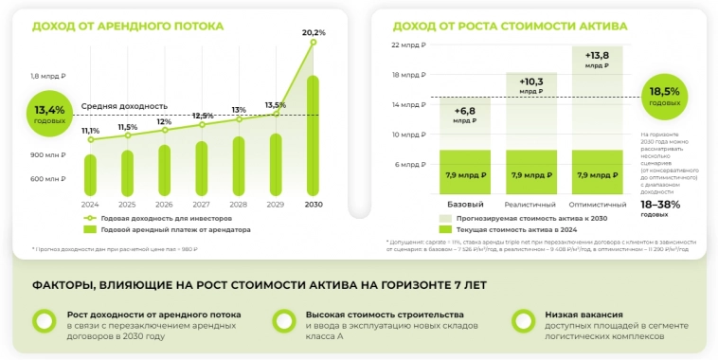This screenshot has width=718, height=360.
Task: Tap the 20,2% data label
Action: coord(314,32)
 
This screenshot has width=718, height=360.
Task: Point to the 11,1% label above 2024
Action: coord(90,131)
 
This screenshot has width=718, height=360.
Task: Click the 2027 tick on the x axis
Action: coord(201,204)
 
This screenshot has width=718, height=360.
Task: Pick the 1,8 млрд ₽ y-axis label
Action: coord(47,76)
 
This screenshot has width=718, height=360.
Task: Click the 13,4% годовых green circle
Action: coord(49,114)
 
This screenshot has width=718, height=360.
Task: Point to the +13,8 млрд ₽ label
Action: coord(597,60)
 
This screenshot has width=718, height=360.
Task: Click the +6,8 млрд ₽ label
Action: coord(464,115)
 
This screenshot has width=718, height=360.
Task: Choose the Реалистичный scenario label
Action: coord(530,204)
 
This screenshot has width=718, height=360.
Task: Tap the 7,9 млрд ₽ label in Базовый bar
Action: coord(464,174)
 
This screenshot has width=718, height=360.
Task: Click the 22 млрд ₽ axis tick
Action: coord(409,45)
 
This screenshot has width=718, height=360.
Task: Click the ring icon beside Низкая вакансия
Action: coord(519,321)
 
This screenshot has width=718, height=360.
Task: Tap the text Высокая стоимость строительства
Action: coord(385,314)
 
